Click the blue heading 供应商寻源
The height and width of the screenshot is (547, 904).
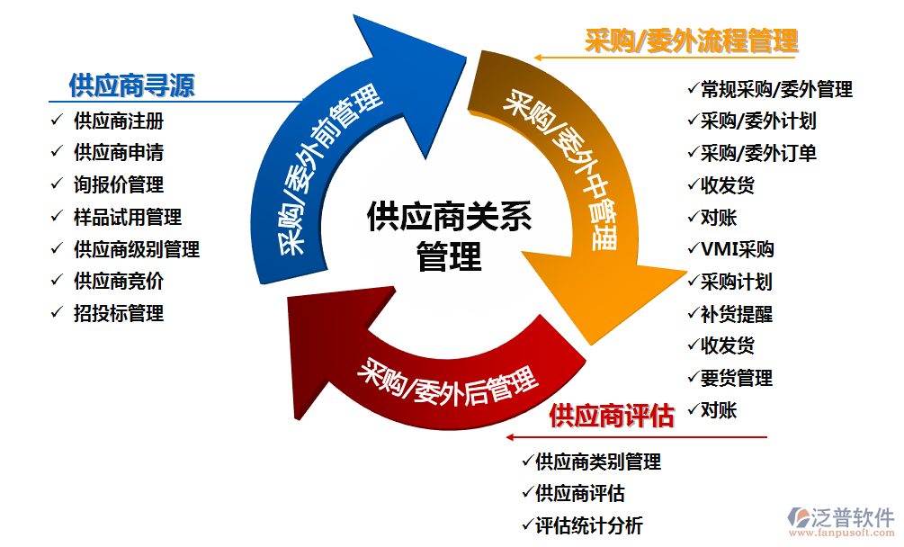131,86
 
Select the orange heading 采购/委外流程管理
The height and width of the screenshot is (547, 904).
691,40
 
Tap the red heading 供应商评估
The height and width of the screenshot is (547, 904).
611,416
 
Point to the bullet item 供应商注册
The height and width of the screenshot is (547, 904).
118,121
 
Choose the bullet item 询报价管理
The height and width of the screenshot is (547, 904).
118,184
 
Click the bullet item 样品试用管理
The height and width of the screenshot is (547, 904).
127,217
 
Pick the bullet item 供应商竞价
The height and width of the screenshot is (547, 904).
118,281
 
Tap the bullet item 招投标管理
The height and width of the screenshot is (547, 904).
118,313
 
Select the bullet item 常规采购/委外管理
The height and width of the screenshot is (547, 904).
775,89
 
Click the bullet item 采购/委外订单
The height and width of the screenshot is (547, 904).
757,153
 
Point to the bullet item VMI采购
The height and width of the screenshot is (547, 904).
737,249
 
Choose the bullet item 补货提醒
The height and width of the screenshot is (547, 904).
736,314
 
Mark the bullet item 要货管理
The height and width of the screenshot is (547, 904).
736,378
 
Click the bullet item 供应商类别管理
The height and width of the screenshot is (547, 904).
597,462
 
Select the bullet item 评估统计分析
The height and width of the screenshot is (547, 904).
588,525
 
